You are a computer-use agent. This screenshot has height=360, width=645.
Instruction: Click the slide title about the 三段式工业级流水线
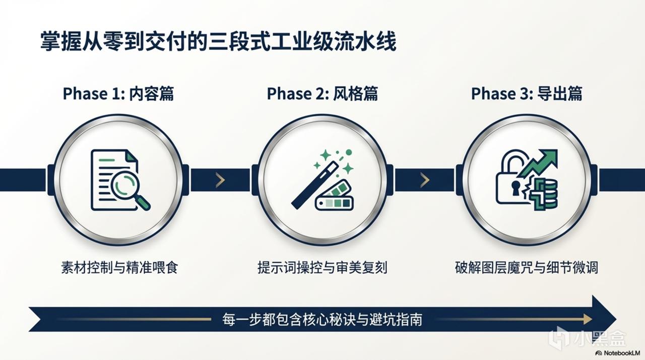[218, 42]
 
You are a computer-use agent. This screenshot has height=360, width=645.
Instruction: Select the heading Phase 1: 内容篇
[118, 94]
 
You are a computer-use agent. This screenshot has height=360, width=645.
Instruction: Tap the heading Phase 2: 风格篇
[322, 94]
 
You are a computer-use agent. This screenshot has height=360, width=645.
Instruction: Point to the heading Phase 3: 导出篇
[527, 94]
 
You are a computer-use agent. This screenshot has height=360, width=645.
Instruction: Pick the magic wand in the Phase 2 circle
[315, 185]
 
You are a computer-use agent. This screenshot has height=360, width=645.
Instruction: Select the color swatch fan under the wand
[335, 196]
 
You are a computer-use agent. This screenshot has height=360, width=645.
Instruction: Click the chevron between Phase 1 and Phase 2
[220, 180]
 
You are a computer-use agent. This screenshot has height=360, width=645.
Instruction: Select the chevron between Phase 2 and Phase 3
[425, 180]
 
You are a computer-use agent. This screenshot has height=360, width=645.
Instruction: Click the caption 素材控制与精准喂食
[119, 268]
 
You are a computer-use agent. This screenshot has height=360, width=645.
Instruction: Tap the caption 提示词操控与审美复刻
[322, 268]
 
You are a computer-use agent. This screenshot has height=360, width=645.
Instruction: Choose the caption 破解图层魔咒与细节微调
[527, 268]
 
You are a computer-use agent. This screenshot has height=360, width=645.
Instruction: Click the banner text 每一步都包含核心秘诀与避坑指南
[322, 319]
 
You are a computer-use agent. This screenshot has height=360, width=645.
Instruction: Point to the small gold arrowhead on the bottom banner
[588, 319]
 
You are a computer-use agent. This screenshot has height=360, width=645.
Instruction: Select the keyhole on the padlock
[515, 188]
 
